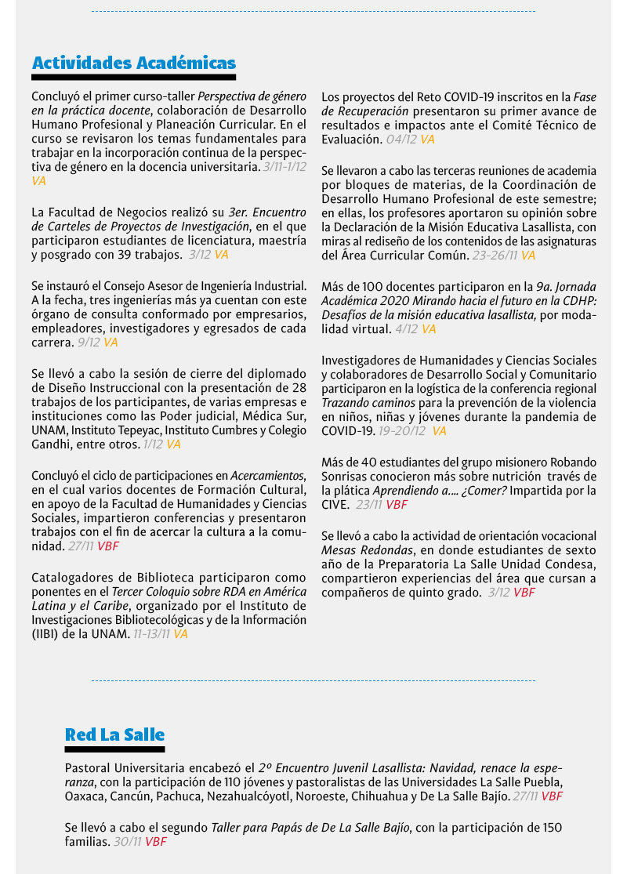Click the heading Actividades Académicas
[x=133, y=63]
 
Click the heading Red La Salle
[x=114, y=734]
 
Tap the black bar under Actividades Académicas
[x=133, y=78]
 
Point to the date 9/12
[x=89, y=343]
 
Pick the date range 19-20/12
[x=402, y=431]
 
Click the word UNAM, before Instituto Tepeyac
[x=49, y=430]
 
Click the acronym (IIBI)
[x=45, y=634]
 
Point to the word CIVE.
[x=335, y=505]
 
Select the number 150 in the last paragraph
[x=551, y=828]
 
